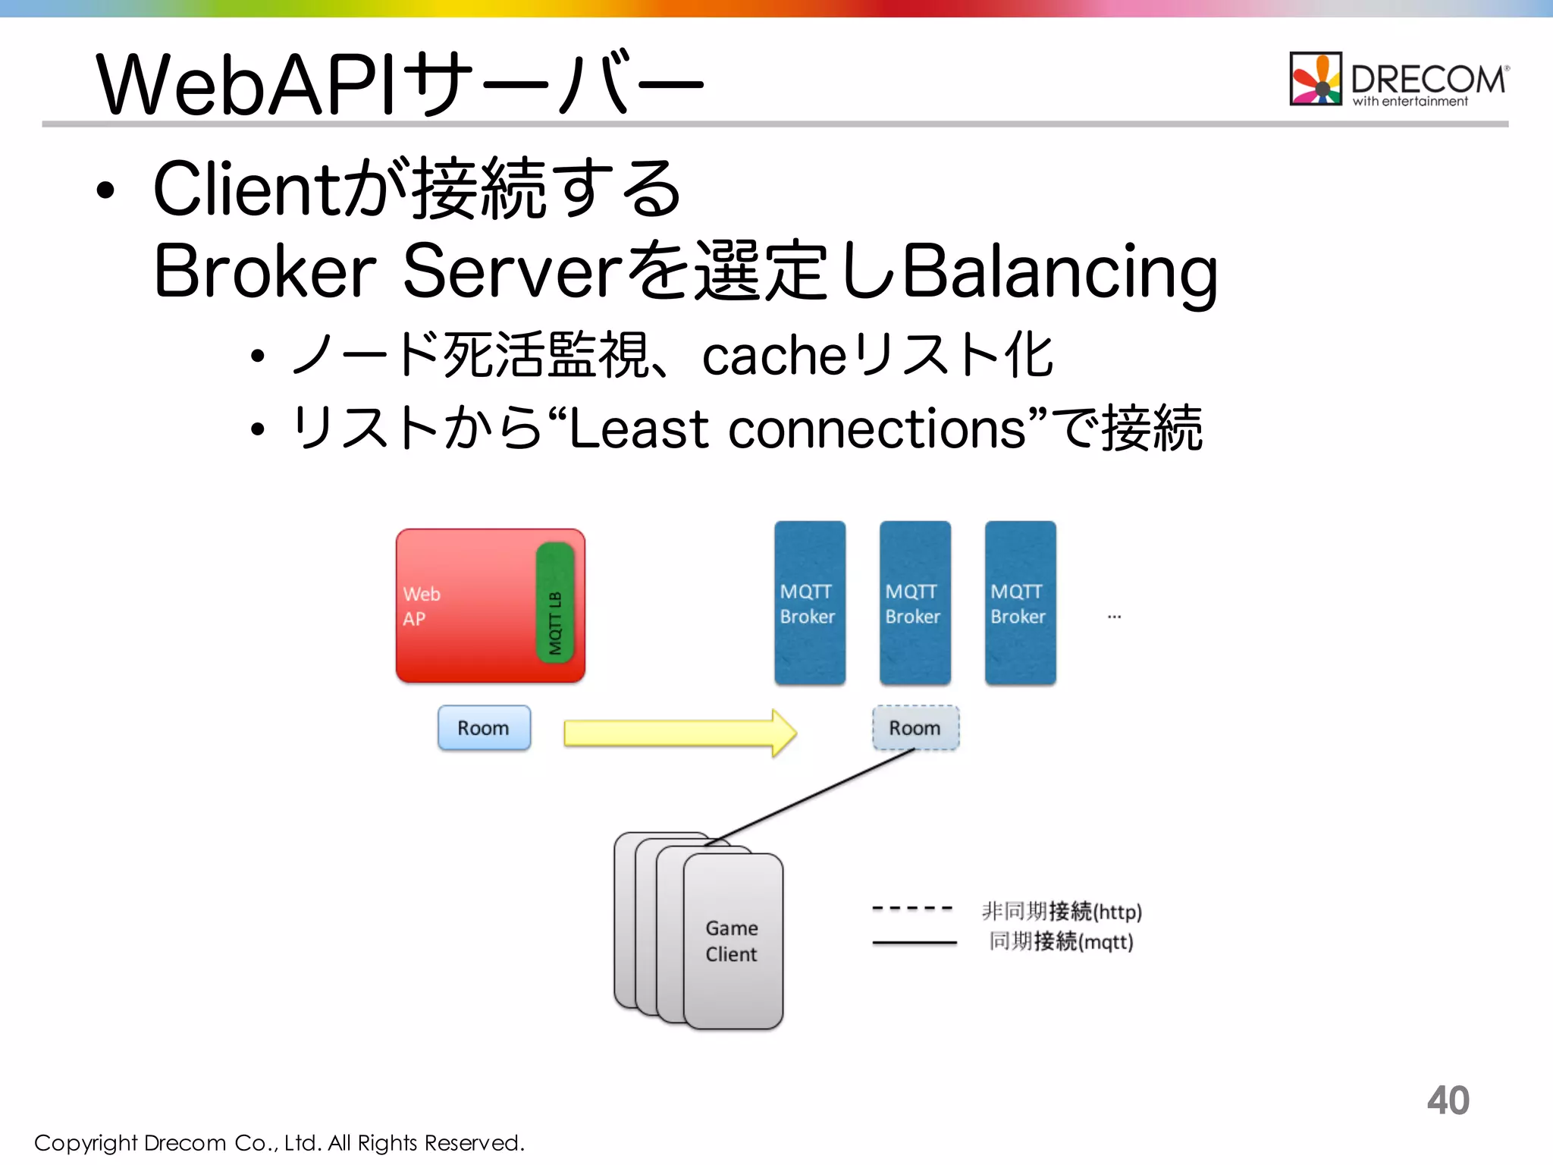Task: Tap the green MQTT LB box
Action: [555, 603]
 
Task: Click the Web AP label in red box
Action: [421, 606]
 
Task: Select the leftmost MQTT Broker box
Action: [809, 603]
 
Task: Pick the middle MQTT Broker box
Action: [915, 603]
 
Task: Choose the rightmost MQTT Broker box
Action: [1020, 603]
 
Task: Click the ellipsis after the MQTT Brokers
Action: [1114, 617]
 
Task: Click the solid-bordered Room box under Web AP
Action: [484, 728]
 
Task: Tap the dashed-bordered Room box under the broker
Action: [915, 728]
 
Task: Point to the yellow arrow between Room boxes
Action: [679, 733]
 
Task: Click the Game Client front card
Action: [733, 941]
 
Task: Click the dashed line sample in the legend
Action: [912, 908]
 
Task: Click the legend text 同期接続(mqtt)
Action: [1061, 942]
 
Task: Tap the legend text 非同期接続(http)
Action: [1062, 911]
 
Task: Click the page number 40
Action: [1448, 1101]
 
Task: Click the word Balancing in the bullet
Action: [1060, 272]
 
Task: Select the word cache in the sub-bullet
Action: [773, 356]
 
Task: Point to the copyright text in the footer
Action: [279, 1143]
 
